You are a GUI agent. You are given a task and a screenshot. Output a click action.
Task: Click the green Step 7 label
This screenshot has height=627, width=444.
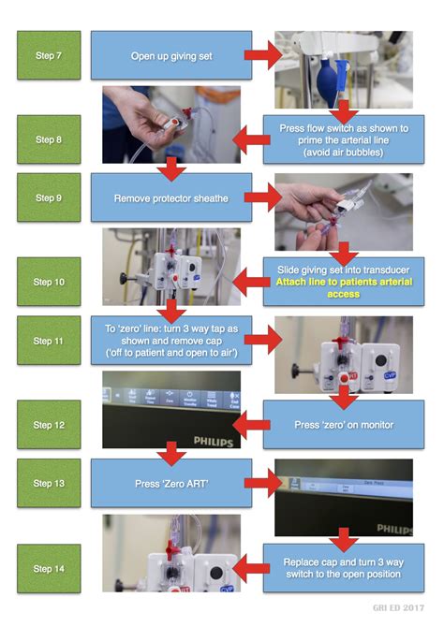(x=49, y=55)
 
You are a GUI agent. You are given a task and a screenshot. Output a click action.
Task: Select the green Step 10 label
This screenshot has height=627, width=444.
(x=49, y=282)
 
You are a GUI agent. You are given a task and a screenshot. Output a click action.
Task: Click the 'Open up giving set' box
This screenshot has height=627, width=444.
(x=171, y=55)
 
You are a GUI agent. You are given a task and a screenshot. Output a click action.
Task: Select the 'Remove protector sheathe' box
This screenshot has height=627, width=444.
(x=171, y=198)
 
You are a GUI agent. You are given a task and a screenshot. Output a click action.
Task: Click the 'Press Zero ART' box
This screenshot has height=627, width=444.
(x=171, y=483)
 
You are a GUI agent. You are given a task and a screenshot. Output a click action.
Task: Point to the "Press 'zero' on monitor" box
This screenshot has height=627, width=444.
(x=343, y=425)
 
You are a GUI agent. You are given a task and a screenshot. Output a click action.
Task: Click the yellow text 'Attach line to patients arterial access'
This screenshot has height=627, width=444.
(x=343, y=287)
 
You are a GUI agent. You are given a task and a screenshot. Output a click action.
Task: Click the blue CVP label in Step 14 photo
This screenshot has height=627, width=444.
(x=225, y=591)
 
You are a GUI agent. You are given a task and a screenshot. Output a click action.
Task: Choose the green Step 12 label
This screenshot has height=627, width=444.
(x=49, y=425)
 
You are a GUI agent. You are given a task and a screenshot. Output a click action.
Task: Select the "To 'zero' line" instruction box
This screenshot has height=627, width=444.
(x=171, y=341)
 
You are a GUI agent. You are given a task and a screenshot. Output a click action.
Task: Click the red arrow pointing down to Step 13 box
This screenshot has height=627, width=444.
(x=170, y=454)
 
